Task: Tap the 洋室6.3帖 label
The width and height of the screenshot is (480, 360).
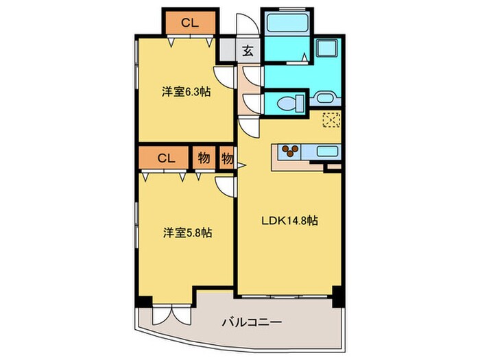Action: click(187, 91)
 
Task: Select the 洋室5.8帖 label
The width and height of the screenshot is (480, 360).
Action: click(187, 232)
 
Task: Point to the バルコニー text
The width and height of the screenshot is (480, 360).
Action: click(251, 322)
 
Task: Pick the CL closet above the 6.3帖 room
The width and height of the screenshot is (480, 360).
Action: click(190, 22)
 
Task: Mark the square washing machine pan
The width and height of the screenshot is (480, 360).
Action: click(326, 49)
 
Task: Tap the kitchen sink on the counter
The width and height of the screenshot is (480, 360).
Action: click(326, 152)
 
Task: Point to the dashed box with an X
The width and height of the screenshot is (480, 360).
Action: click(332, 119)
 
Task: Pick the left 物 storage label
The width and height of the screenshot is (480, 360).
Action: click(204, 157)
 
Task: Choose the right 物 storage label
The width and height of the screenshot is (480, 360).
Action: click(226, 157)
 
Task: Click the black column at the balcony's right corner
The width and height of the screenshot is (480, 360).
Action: click(336, 300)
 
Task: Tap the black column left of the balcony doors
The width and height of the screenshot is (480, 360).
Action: click(142, 301)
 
